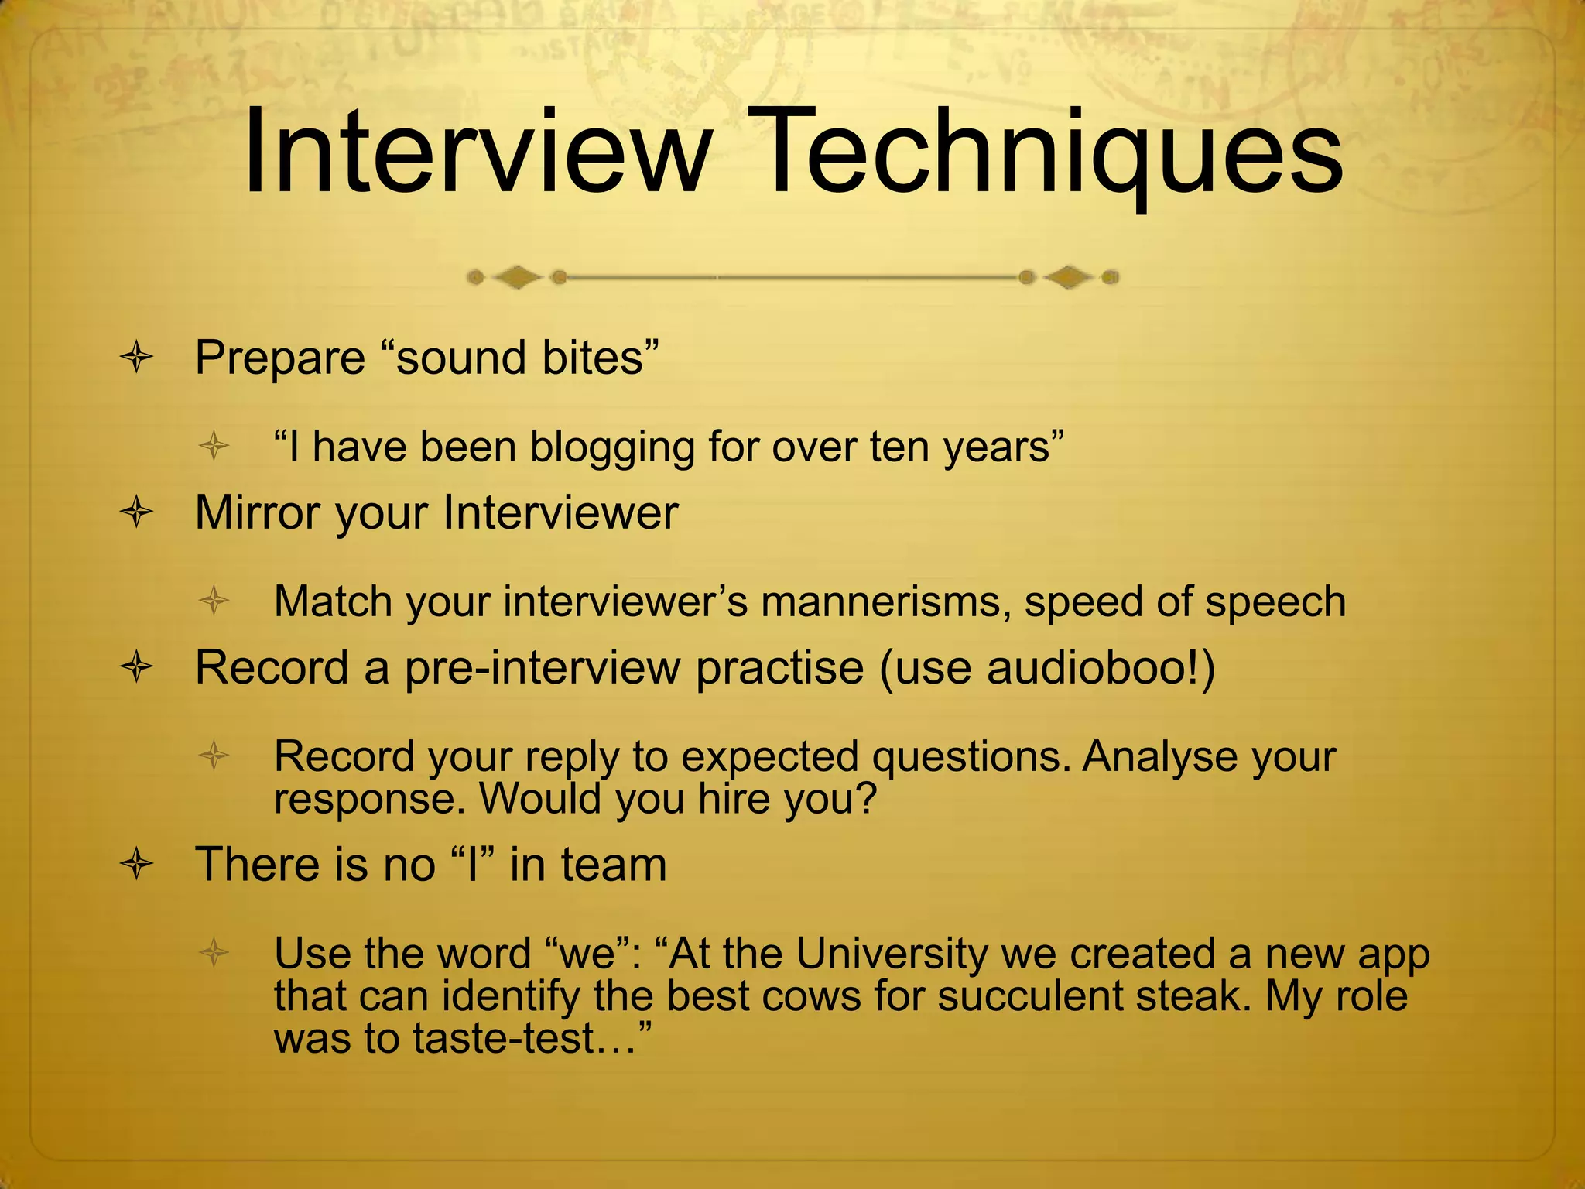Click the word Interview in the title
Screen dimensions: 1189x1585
pyautogui.click(x=477, y=152)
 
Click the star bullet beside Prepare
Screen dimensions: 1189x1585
pyautogui.click(x=137, y=359)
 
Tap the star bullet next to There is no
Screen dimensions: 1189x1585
pyautogui.click(x=137, y=865)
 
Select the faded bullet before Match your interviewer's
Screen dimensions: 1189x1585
pyautogui.click(x=214, y=601)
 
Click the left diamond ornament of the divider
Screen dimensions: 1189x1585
pyautogui.click(x=517, y=277)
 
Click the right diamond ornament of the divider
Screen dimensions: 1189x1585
pyautogui.click(x=1069, y=277)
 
